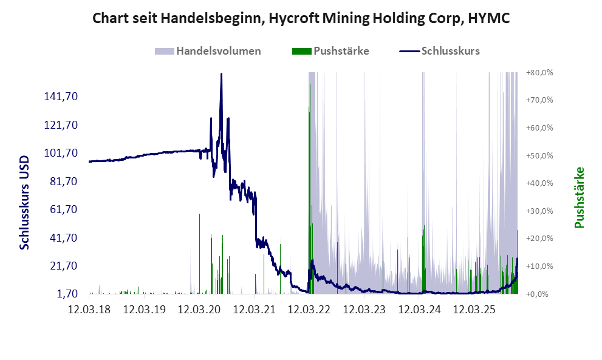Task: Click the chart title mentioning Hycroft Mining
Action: [x=301, y=18]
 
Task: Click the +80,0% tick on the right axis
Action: [x=539, y=72]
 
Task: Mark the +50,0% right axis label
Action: [x=539, y=155]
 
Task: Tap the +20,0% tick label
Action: [x=539, y=239]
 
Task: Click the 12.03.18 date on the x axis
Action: [x=89, y=310]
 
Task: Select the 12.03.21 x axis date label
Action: [x=254, y=310]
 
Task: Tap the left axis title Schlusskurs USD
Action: [x=25, y=201]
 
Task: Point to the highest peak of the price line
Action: [x=221, y=74]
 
